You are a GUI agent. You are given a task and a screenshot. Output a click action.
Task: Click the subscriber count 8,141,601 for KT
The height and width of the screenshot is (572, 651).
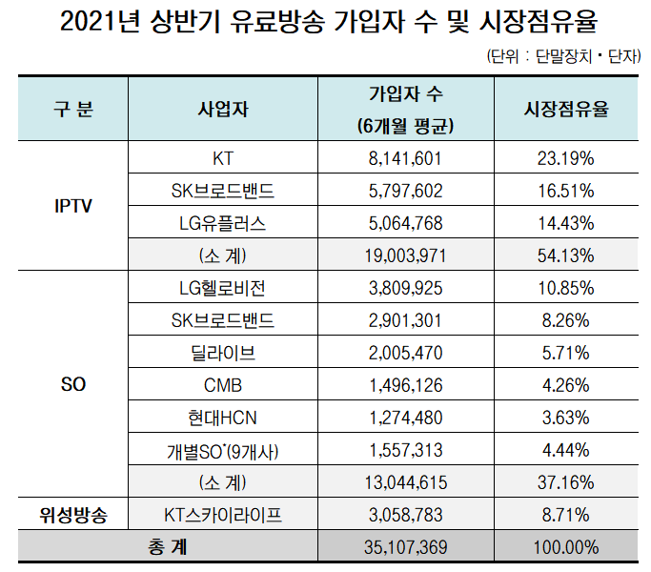pos(405,157)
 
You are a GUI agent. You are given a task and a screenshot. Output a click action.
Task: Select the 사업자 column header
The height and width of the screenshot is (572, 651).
pos(222,109)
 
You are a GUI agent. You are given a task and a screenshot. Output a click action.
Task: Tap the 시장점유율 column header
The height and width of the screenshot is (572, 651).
pos(566,109)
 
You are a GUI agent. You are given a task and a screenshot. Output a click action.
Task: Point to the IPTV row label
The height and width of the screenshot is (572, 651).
pos(72,206)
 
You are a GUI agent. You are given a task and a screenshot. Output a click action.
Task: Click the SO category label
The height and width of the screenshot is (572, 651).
pos(72,387)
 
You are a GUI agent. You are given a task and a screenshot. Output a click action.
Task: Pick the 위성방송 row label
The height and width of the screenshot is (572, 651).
pos(72,516)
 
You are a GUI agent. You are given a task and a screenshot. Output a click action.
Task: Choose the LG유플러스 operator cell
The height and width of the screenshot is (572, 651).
pos(222,223)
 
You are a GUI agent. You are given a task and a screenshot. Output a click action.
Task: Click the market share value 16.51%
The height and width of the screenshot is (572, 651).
pos(566,191)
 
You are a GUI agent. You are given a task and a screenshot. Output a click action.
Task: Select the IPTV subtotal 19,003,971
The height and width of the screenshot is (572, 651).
pos(405,255)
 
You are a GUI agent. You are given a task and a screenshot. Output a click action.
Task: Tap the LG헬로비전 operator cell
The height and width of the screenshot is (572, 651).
pos(222,288)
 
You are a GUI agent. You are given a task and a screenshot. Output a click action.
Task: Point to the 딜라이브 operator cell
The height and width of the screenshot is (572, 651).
pos(222,353)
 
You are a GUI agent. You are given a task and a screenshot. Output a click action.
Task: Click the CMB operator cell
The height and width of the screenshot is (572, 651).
pos(222,385)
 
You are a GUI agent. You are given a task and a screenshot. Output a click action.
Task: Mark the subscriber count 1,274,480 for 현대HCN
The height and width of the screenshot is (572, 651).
pos(405,418)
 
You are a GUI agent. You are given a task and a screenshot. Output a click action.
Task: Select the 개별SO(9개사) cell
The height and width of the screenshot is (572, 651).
pos(222,450)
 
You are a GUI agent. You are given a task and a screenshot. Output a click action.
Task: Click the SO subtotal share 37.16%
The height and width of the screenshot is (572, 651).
pos(566,482)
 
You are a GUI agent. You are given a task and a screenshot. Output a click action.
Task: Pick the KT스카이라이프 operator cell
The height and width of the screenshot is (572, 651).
pos(222,516)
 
